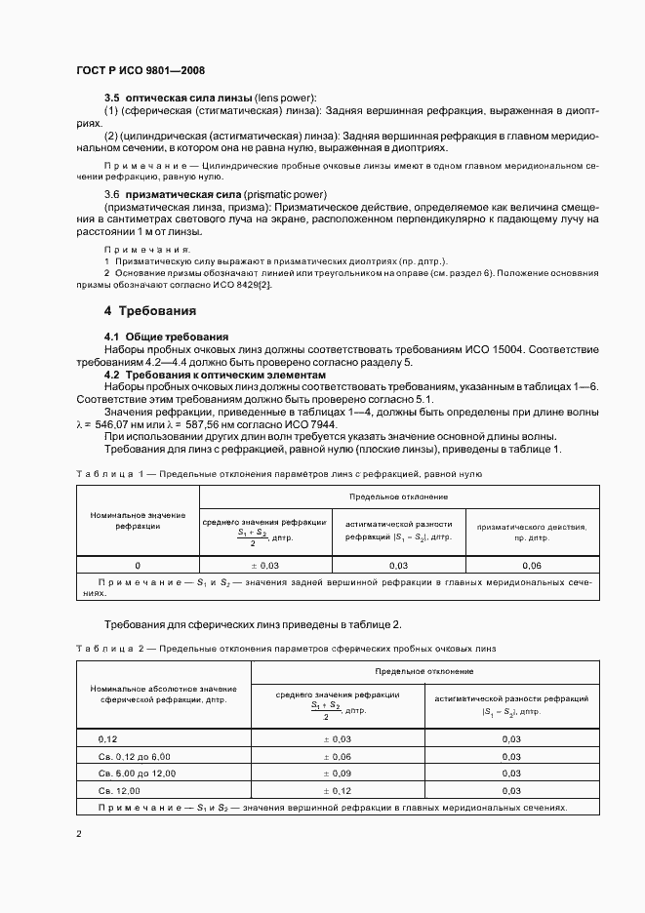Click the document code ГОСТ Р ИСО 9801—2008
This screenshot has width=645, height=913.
pyautogui.click(x=140, y=70)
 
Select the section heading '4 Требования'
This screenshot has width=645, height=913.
pyautogui.click(x=150, y=311)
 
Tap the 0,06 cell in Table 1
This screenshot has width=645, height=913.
pyautogui.click(x=531, y=566)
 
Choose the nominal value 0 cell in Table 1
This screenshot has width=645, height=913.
pyautogui.click(x=138, y=566)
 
